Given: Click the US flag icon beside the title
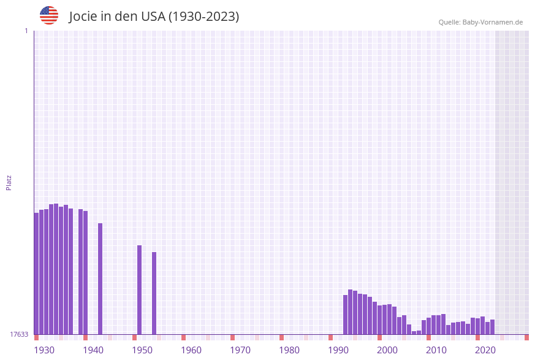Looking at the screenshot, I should (49, 15).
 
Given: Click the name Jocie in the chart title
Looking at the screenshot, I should (84, 17).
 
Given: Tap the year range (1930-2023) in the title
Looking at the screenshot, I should (203, 17).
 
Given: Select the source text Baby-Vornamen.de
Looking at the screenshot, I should (493, 22).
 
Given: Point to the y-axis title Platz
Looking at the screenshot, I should (9, 182).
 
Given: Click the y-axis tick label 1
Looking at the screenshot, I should (26, 31).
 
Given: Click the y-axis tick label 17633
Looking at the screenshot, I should (18, 334).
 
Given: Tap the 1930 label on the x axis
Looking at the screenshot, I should (44, 350).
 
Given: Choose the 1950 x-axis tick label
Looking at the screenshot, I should (142, 350).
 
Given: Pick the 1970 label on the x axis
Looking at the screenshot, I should (240, 350).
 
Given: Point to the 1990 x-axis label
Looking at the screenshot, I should (338, 350).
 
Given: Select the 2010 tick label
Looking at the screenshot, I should (436, 350).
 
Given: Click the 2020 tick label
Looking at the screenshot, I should (485, 350).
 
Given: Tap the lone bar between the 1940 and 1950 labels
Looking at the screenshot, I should (100, 279).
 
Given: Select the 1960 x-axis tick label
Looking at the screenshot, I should (191, 350).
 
